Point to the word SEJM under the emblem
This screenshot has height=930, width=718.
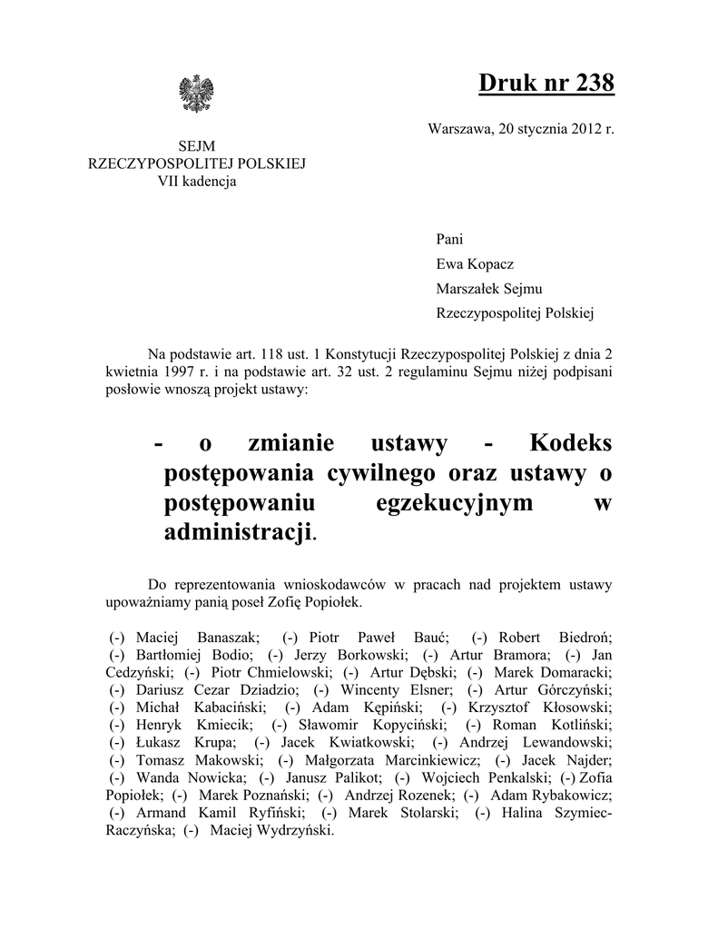pos(197,147)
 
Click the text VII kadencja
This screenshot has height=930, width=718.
pos(197,181)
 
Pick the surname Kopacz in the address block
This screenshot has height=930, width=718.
pos(495,264)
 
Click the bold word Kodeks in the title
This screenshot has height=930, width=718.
pos(570,443)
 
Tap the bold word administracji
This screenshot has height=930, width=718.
pos(237,532)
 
